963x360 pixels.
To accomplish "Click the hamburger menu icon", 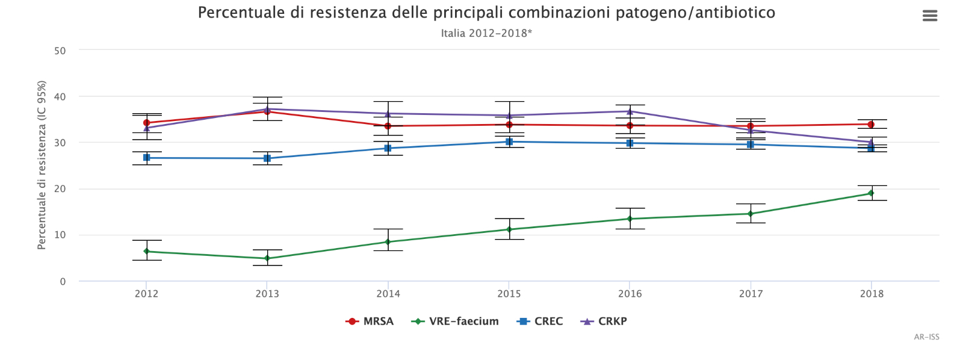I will click(930, 16).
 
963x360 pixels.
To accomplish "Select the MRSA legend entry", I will click(370, 321).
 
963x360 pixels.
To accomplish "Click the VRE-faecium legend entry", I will click(456, 321).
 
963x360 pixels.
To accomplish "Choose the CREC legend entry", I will click(540, 321).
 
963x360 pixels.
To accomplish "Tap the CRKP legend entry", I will click(604, 321).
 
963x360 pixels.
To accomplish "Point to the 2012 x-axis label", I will click(146, 294).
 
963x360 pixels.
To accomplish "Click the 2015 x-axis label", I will click(509, 294).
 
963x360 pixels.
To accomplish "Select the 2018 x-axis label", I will click(872, 294).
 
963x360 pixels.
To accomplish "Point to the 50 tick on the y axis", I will click(60, 51).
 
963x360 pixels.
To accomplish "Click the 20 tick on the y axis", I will click(60, 189).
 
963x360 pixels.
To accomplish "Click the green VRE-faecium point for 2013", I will click(267, 258).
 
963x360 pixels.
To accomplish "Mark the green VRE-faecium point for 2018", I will click(871, 193).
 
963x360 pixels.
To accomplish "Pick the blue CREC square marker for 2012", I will click(146, 158).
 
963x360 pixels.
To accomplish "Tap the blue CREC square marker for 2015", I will click(509, 141).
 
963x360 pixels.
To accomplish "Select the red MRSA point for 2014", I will click(388, 126).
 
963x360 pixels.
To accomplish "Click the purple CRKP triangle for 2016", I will click(630, 111).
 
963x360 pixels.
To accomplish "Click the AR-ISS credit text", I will click(926, 337).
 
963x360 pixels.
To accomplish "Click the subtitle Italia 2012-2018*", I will click(486, 33).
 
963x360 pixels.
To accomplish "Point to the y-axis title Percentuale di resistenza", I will click(42, 165).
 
